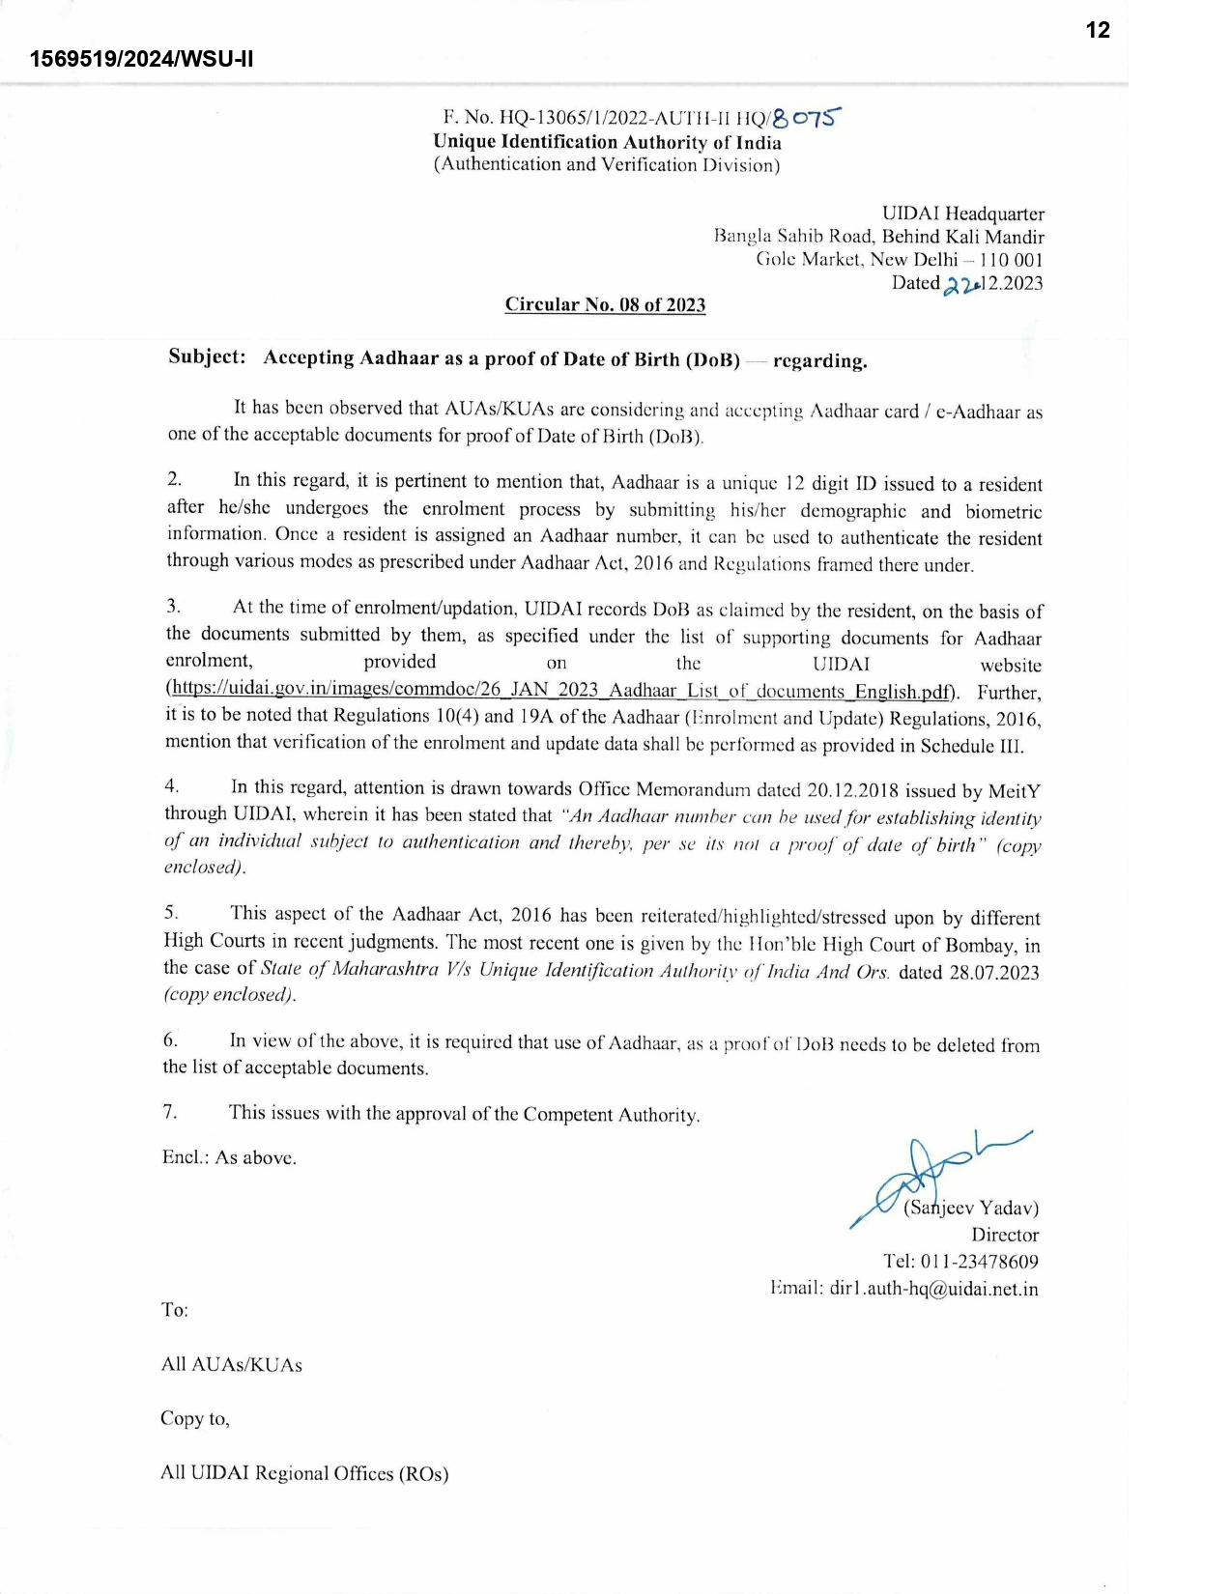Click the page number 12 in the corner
pyautogui.click(x=1098, y=30)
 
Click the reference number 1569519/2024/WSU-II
pyautogui.click(x=141, y=59)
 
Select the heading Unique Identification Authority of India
pyautogui.click(x=607, y=142)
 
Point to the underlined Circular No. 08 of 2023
pyautogui.click(x=605, y=305)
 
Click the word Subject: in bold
pyautogui.click(x=207, y=356)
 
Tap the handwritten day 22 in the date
pyautogui.click(x=960, y=285)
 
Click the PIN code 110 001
pyautogui.click(x=1011, y=259)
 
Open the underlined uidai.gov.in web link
pyautogui.click(x=562, y=691)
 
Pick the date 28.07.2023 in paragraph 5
pyautogui.click(x=993, y=972)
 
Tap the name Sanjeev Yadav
pyautogui.click(x=970, y=1208)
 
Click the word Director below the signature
pyautogui.click(x=1005, y=1235)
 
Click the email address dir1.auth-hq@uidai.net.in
pyautogui.click(x=933, y=1289)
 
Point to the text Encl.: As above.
pyautogui.click(x=229, y=1157)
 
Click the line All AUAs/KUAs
pyautogui.click(x=231, y=1364)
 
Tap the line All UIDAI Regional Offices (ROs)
pyautogui.click(x=304, y=1473)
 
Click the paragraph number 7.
pyautogui.click(x=170, y=1112)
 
